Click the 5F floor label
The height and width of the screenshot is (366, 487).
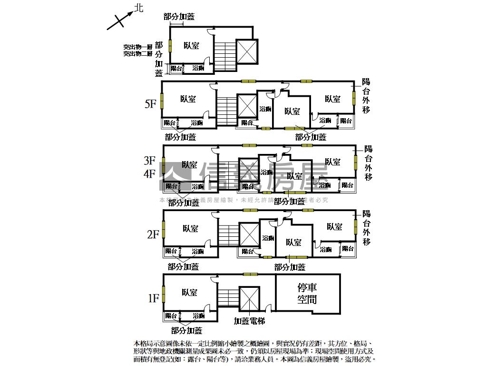[x=150, y=104]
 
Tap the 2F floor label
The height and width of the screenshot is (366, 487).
[x=152, y=234]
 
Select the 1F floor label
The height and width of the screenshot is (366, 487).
[x=153, y=299]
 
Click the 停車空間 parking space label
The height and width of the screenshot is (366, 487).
[x=307, y=294]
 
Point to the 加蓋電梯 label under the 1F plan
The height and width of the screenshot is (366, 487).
[x=249, y=321]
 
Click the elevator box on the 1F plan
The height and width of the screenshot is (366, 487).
[x=249, y=299]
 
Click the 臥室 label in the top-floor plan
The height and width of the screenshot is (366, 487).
[x=191, y=46]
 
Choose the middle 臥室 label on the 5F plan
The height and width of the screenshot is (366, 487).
[x=292, y=112]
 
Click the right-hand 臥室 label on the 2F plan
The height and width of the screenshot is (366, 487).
[x=334, y=227]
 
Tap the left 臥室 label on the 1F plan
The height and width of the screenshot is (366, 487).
[x=189, y=293]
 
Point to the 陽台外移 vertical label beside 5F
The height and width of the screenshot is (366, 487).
[x=366, y=96]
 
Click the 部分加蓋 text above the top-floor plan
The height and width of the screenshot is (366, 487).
[x=179, y=17]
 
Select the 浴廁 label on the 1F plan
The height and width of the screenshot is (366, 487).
[x=199, y=316]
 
